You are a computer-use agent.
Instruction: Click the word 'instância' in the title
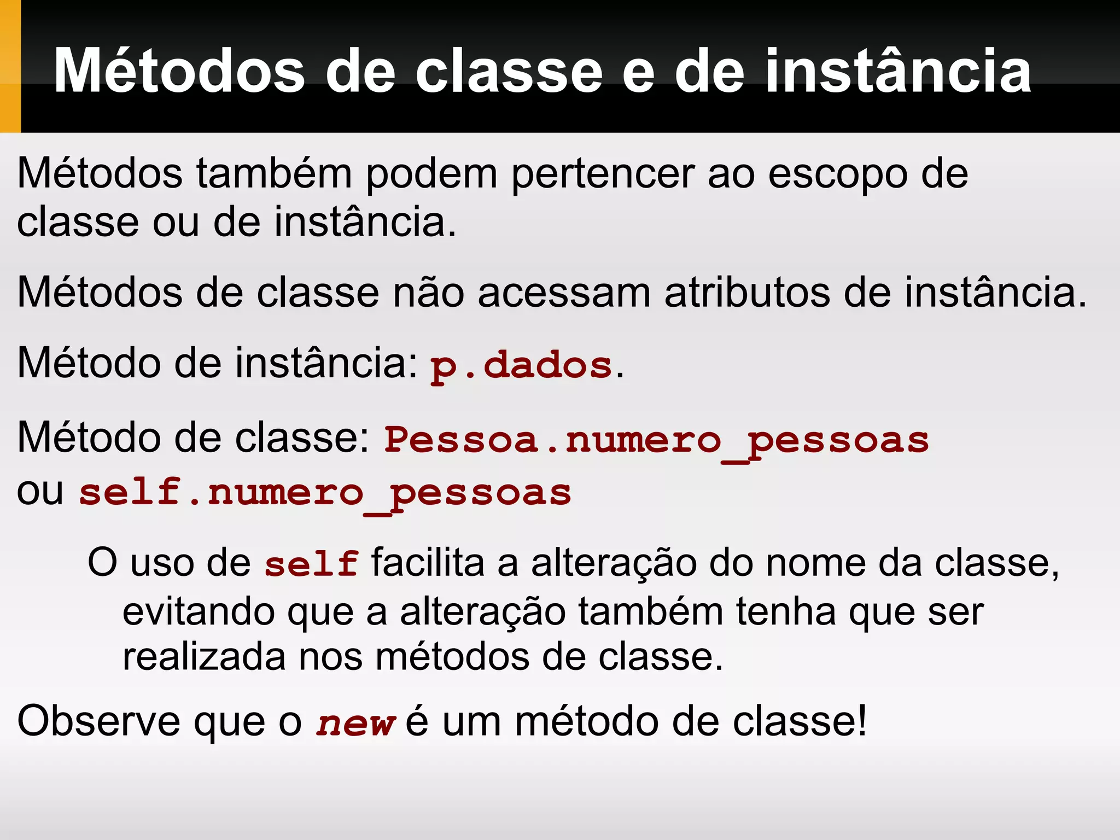pyautogui.click(x=897, y=71)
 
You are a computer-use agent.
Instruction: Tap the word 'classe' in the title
pyautogui.click(x=509, y=71)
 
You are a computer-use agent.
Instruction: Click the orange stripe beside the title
pyautogui.click(x=10, y=66)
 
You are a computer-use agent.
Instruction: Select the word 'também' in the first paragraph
pyautogui.click(x=274, y=174)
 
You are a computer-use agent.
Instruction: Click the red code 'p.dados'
pyautogui.click(x=521, y=365)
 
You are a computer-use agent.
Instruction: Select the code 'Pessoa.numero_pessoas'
pyautogui.click(x=656, y=441)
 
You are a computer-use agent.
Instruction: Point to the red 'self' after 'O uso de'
pyautogui.click(x=311, y=564)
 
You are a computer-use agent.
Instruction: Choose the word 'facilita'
pyautogui.click(x=428, y=563)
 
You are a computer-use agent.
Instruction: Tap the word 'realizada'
pyautogui.click(x=204, y=657)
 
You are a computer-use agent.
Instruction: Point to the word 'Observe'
pyautogui.click(x=98, y=721)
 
